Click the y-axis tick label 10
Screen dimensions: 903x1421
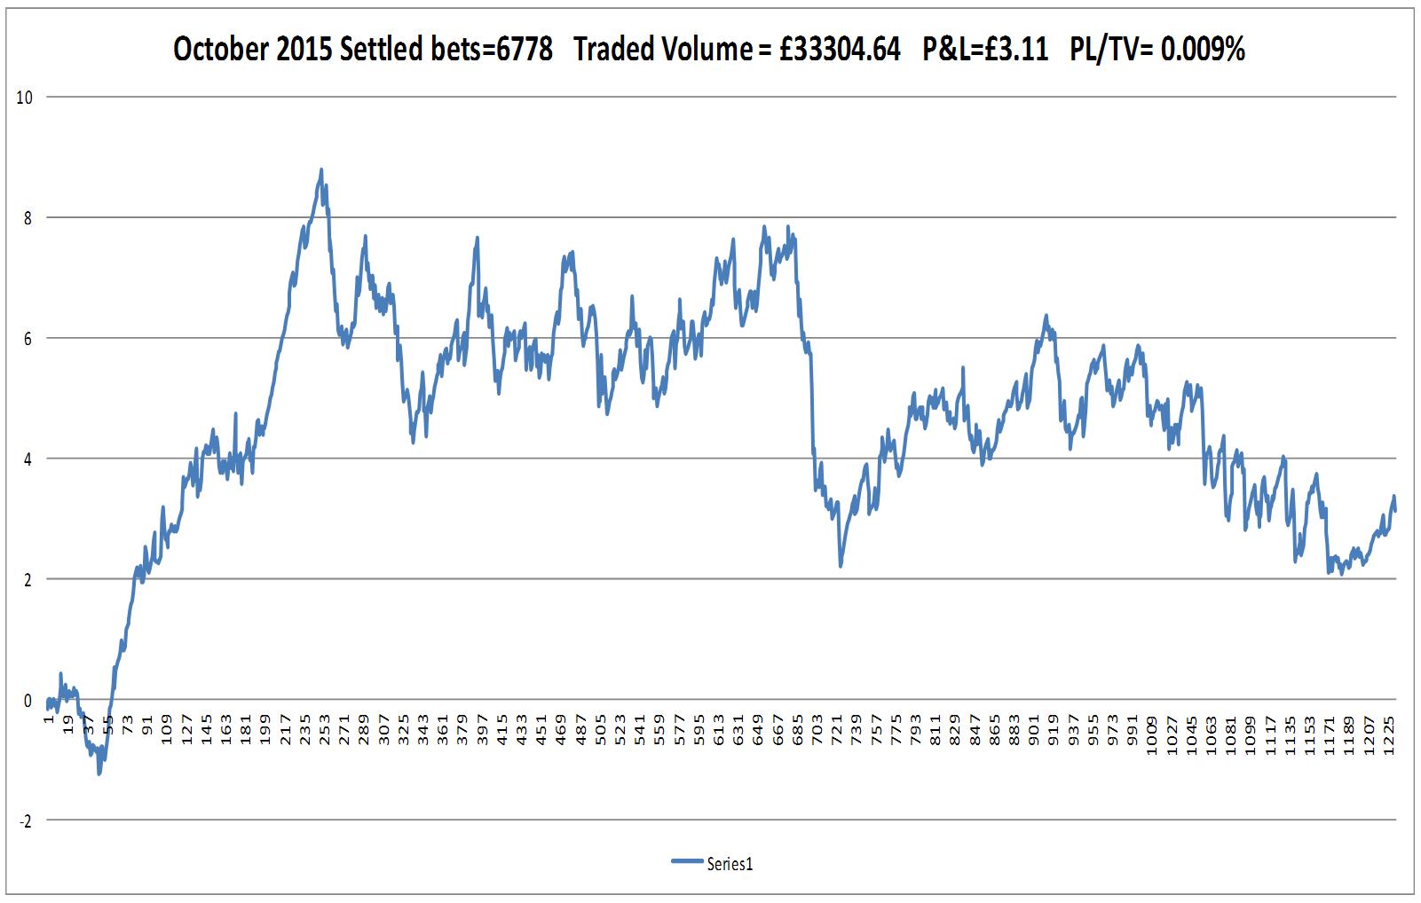(25, 98)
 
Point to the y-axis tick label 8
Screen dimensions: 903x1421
(28, 218)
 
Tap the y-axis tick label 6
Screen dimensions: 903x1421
(28, 339)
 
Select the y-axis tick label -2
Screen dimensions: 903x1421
(25, 821)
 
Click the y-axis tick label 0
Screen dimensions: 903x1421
(28, 701)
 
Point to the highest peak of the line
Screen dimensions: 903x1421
(320, 169)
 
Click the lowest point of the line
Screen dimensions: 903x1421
(99, 774)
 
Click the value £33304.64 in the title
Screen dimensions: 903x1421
(840, 50)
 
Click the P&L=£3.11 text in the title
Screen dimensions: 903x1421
(985, 50)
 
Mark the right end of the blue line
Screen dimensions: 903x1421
(1395, 510)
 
